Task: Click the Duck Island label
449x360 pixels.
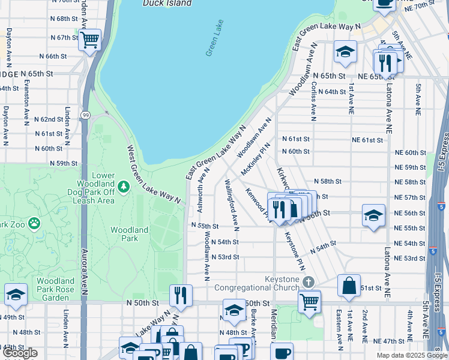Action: (x=167, y=3)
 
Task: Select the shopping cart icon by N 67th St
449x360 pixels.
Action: (x=89, y=40)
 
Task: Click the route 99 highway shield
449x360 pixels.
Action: (x=86, y=115)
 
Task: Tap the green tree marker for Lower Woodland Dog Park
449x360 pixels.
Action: (x=124, y=187)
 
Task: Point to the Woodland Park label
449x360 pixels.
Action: (x=129, y=234)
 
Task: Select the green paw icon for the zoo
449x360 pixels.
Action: (x=35, y=223)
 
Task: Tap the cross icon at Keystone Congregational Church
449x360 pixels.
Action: (x=308, y=282)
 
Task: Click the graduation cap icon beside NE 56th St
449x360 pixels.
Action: (x=373, y=215)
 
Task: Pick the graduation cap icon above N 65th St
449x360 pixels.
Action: (x=345, y=52)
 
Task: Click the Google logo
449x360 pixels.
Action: (x=20, y=353)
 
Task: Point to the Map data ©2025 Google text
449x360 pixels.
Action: (x=412, y=355)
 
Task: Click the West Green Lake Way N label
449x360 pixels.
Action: (x=154, y=175)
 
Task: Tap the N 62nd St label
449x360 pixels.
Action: (x=49, y=119)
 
